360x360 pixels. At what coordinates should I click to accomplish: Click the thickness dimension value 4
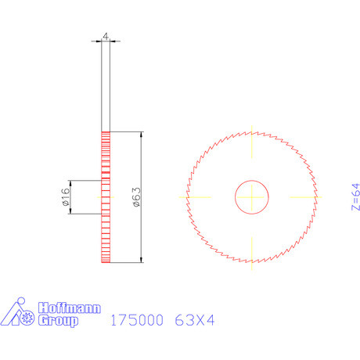point(106,36)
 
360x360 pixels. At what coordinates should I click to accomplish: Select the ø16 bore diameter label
point(66,196)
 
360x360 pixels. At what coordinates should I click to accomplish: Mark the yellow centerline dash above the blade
point(252,146)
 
